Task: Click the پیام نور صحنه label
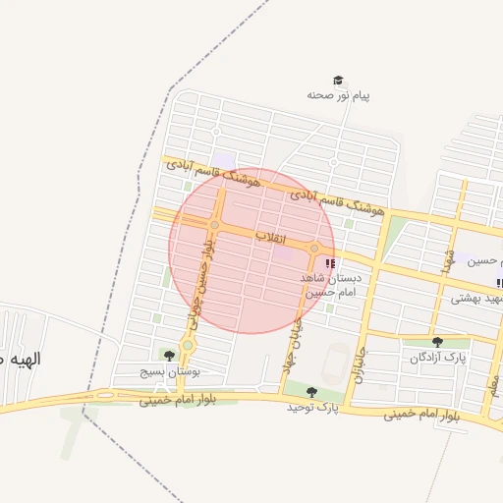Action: tap(338, 95)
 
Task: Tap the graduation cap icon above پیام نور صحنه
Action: tap(338, 81)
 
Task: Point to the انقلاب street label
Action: tap(270, 238)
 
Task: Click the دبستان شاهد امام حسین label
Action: tap(331, 285)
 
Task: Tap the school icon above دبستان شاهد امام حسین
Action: tap(330, 263)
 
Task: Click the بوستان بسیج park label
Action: tap(171, 373)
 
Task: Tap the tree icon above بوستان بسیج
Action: tap(169, 356)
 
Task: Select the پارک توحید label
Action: tap(312, 406)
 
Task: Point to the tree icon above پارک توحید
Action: tap(311, 392)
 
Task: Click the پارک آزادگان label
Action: tap(438, 358)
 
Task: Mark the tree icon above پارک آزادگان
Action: tap(437, 342)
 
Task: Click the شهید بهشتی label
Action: tap(477, 298)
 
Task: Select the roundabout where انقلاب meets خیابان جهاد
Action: tap(314, 249)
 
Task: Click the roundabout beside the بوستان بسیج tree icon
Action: tap(188, 345)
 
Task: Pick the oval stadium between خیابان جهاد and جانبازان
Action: tap(338, 362)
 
